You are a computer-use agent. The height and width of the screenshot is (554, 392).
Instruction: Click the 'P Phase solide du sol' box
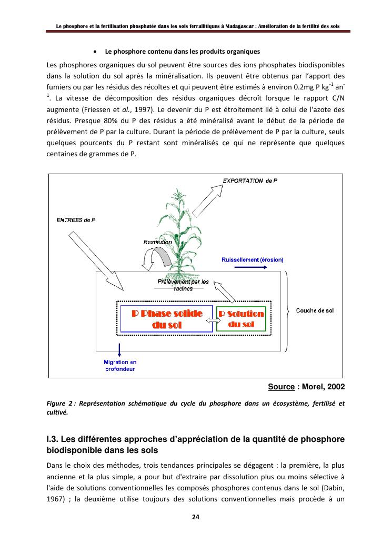coord(166,319)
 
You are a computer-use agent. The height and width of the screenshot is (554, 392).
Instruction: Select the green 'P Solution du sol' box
coord(242,319)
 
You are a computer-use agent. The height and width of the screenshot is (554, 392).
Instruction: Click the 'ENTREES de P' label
coord(76,220)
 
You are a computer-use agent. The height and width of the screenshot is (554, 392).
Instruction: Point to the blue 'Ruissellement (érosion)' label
coord(253,259)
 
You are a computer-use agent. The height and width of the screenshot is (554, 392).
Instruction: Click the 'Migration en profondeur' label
coord(120,365)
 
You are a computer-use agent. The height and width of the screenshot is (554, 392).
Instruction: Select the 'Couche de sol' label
coord(315,310)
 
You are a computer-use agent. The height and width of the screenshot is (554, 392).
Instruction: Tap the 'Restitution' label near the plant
coord(158,242)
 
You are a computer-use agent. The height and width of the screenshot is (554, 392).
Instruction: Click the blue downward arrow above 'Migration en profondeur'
coord(120,349)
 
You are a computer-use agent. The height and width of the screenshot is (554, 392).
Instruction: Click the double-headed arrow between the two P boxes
coord(214,319)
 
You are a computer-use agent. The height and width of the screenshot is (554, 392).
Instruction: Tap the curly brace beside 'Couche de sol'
coord(287,310)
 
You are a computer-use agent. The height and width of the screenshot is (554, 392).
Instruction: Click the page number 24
coord(196,517)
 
